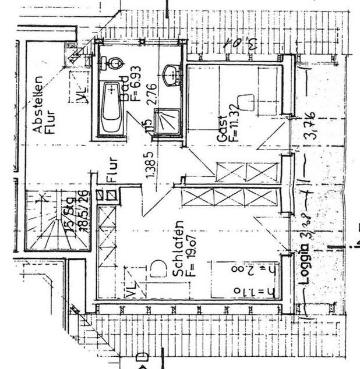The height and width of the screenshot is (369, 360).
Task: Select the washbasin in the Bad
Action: [171, 73]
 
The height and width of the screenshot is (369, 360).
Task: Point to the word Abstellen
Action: [38, 105]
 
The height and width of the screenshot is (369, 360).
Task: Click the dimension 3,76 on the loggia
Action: [311, 125]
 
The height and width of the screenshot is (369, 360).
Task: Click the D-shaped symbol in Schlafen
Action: [156, 269]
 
